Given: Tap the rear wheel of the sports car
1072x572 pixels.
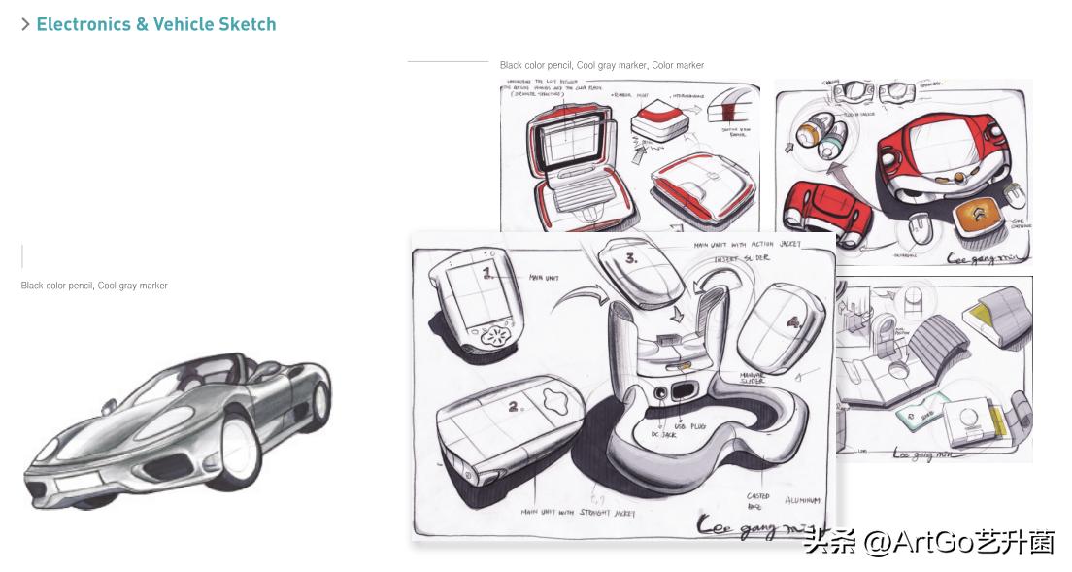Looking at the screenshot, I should [318, 403].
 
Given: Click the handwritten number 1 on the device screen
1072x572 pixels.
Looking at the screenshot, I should [488, 274].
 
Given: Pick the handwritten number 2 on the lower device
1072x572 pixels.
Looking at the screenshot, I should [513, 407].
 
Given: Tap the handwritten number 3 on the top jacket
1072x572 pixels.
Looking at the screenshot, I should [631, 258].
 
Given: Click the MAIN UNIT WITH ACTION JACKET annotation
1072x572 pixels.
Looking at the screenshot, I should [748, 245].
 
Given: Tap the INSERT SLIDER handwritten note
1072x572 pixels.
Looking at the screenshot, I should [742, 258].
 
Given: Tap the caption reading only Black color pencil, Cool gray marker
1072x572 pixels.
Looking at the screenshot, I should [94, 286].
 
